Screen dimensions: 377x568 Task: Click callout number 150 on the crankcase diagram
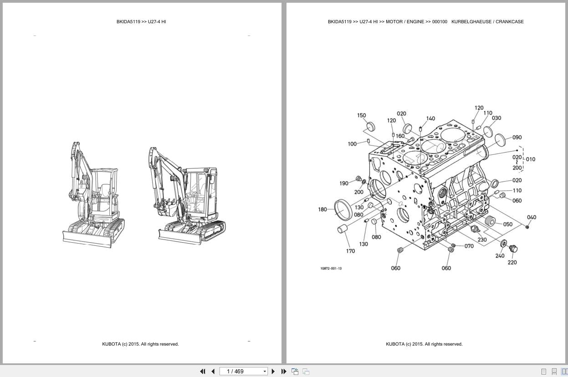point(361,115)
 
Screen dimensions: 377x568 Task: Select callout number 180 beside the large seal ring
point(322,209)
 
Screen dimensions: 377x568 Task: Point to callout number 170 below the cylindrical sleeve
point(350,251)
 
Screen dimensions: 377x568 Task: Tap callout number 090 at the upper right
point(517,138)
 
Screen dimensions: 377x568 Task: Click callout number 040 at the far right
point(532,217)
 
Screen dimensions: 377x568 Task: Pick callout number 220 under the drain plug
point(512,262)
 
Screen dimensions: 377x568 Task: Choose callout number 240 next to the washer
point(500,256)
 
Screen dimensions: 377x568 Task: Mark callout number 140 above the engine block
point(430,118)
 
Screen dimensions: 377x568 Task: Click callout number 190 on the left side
point(344,183)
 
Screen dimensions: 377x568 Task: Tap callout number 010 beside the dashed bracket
point(531,159)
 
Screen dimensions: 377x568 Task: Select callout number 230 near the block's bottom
point(482,239)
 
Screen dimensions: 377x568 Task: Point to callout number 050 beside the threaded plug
point(507,224)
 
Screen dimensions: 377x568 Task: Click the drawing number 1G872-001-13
point(331,268)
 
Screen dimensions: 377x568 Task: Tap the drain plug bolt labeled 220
point(513,249)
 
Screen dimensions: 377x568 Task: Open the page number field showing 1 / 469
point(244,372)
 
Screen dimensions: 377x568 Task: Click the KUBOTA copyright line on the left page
point(140,344)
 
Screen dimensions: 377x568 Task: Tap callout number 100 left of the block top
point(352,144)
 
